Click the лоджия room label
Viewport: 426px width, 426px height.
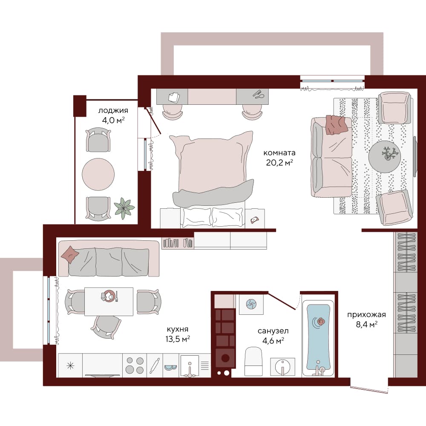point(113,111)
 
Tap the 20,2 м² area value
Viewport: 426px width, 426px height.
point(279,162)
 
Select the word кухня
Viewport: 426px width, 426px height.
point(177,330)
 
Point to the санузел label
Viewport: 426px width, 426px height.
point(273,331)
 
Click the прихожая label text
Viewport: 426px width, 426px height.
point(366,315)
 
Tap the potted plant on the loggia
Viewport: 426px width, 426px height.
point(124,208)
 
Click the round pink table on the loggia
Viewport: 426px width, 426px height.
point(98,174)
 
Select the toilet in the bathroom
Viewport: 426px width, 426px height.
point(253,361)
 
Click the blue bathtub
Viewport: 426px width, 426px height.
point(318,337)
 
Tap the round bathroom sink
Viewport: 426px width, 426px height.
point(282,367)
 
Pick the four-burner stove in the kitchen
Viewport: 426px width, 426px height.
point(135,366)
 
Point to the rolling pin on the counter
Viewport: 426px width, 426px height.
point(155,366)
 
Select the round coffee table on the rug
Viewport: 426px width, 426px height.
point(384,157)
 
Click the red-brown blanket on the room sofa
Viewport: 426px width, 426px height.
point(337,125)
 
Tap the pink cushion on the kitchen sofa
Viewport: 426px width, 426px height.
point(70,255)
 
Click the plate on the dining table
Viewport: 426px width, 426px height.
point(109,296)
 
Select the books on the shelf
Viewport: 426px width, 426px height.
point(177,243)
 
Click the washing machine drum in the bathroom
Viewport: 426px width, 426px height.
point(225,358)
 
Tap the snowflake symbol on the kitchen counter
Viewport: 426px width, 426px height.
point(70,366)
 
